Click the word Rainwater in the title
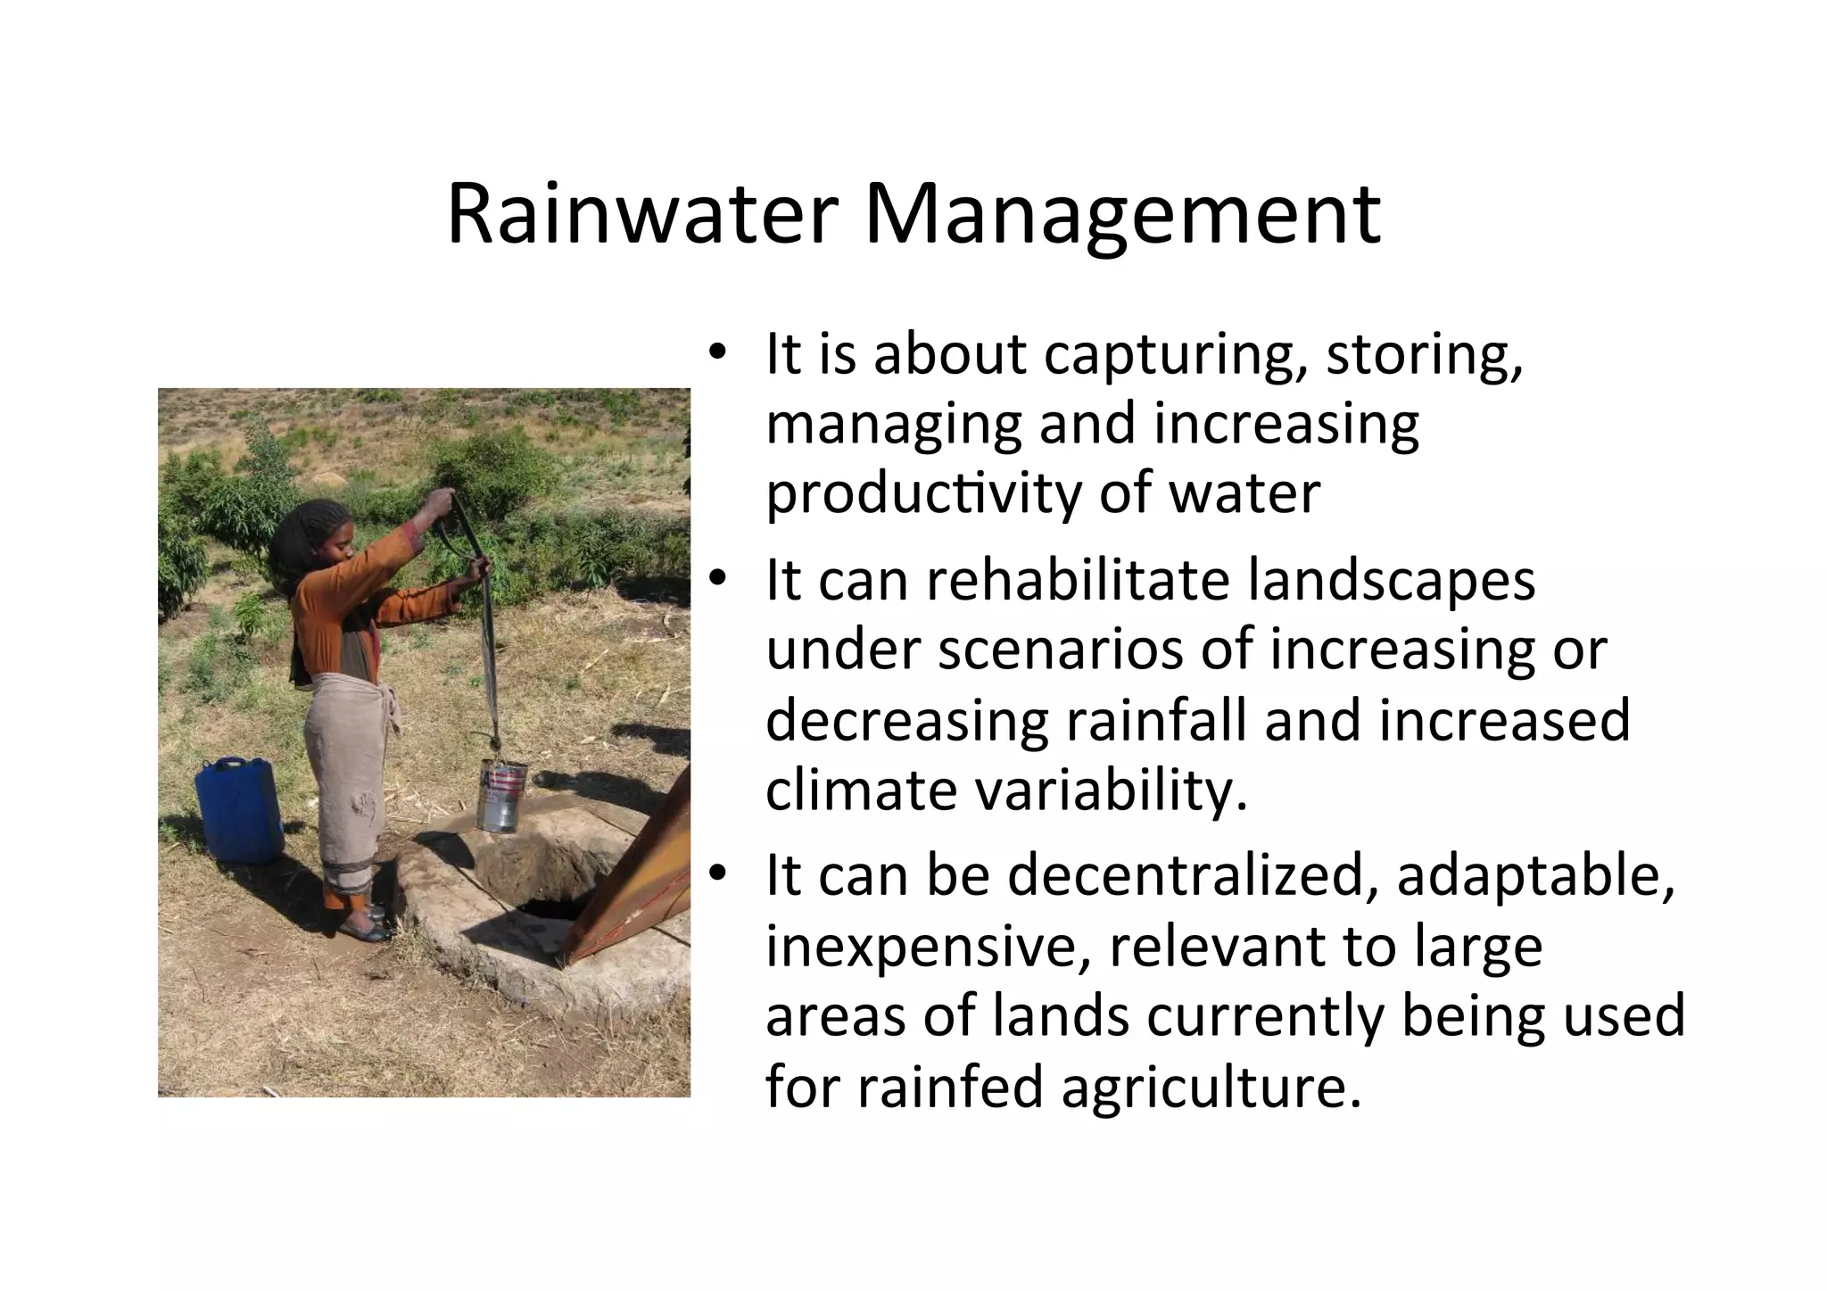641,215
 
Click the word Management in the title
1122,215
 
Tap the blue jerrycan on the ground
238,809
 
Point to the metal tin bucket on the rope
500,795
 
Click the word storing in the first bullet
1424,354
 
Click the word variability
1112,790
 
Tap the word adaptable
1535,876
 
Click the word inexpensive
928,946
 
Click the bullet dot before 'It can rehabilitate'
716,581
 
